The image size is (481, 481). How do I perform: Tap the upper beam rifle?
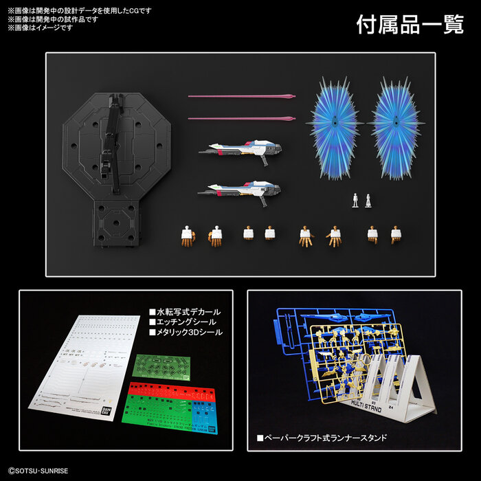pyautogui.click(x=245, y=148)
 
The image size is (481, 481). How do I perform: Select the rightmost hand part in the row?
pyautogui.click(x=396, y=234)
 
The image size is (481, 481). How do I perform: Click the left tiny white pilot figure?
pyautogui.click(x=355, y=200)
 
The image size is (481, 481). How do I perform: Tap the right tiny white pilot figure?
pyautogui.click(x=368, y=200)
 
